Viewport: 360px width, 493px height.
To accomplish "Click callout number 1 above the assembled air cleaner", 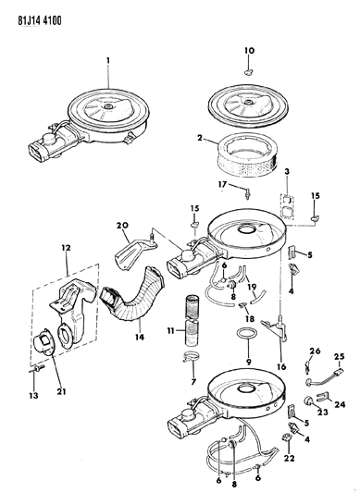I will coord(107,62).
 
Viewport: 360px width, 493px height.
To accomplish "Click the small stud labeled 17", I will coord(248,192).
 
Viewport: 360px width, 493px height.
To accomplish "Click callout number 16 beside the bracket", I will coord(279,364).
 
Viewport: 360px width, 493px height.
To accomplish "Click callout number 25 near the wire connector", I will coord(338,357).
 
